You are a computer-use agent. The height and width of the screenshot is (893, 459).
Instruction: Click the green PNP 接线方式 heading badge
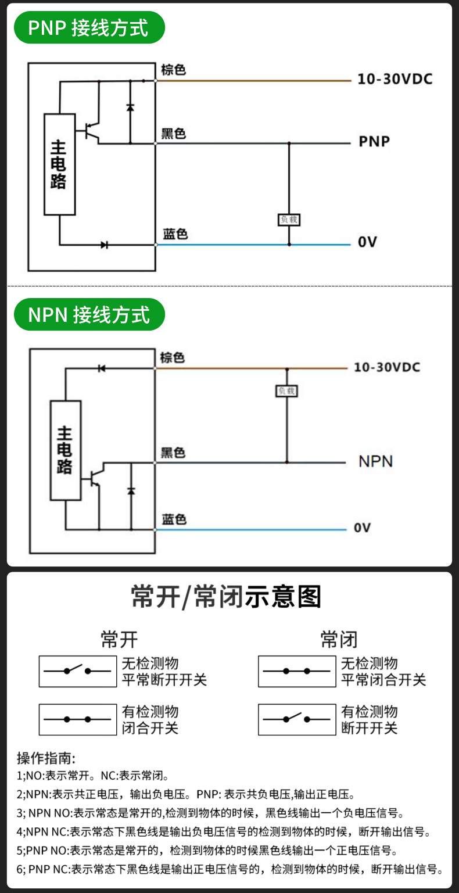tap(89, 27)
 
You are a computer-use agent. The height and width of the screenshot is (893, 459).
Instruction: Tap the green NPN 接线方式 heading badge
tap(89, 314)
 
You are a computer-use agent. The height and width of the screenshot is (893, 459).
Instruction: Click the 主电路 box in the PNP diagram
tap(59, 164)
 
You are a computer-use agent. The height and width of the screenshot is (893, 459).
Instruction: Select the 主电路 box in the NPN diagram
tap(66, 450)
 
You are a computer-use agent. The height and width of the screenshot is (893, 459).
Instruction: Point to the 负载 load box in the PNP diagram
tap(289, 220)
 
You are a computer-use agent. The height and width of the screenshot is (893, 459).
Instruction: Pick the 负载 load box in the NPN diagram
tap(286, 391)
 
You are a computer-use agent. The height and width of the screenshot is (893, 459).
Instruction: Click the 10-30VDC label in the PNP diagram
tap(395, 79)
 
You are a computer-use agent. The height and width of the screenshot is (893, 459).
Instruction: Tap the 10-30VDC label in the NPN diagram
tap(387, 367)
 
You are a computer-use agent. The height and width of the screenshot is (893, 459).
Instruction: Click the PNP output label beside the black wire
tap(374, 141)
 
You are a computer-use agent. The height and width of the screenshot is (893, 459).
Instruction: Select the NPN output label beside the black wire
tap(376, 461)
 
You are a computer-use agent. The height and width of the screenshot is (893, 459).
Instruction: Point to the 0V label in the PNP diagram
tap(367, 242)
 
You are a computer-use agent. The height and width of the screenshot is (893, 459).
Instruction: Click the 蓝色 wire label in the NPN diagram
tap(174, 519)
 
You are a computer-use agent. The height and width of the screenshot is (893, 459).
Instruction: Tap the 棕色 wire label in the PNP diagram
tap(174, 70)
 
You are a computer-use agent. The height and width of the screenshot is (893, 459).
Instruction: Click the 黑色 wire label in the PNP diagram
tap(174, 133)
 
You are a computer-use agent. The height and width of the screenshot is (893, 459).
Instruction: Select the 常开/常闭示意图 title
tap(226, 597)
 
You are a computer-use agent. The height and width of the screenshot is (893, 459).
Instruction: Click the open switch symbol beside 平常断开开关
tap(78, 671)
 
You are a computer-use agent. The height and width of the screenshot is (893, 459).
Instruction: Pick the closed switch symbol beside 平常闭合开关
tap(297, 671)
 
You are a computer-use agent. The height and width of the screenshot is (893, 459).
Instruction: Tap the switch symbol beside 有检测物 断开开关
tap(297, 720)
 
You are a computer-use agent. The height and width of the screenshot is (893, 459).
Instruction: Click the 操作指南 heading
tap(46, 758)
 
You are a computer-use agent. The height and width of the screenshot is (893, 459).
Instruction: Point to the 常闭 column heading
tap(339, 640)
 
